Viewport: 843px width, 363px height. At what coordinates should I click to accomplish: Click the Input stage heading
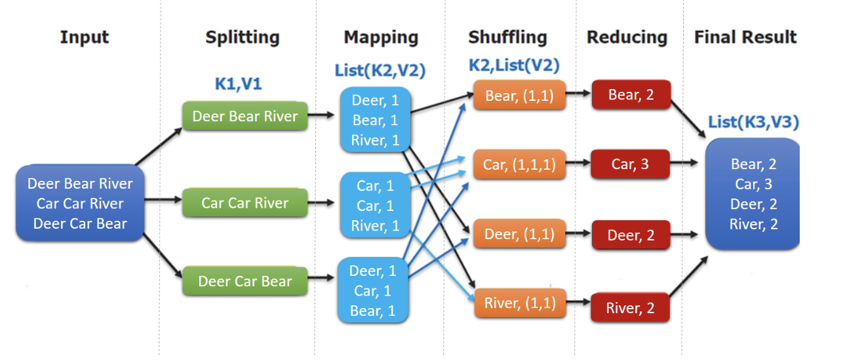(84, 37)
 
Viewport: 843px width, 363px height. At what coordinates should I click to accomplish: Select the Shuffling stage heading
(507, 37)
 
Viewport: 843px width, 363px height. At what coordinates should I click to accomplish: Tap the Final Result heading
(745, 37)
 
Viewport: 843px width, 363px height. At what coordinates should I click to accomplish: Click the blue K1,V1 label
(238, 84)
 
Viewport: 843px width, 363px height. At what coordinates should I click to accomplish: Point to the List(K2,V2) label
(380, 71)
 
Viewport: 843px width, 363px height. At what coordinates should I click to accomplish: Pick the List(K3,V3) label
(753, 122)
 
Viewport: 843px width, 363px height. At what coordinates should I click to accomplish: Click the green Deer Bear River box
(245, 117)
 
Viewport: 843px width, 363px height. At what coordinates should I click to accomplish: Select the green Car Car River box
(245, 203)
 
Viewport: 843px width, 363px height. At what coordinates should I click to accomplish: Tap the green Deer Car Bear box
(245, 282)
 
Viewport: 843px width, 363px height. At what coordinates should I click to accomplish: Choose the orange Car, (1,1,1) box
(519, 164)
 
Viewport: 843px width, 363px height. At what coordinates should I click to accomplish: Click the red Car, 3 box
(630, 164)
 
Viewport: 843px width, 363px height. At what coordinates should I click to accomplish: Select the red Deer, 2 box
(631, 235)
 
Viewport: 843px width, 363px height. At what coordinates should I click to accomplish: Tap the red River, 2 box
(630, 308)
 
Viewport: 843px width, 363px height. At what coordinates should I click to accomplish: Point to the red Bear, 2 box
(631, 95)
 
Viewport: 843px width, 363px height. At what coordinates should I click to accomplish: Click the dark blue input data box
(80, 204)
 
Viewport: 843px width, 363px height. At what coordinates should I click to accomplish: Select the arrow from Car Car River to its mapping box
(323, 203)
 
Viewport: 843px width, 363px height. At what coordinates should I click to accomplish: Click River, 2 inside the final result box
(753, 225)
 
